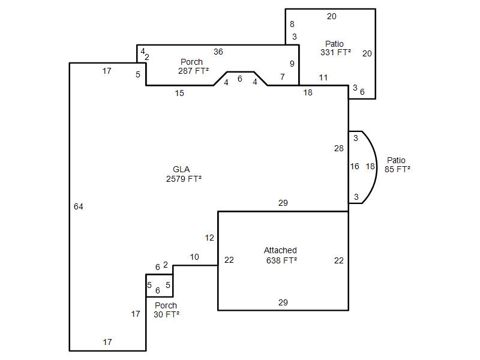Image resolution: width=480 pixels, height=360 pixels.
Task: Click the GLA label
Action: (x=181, y=169)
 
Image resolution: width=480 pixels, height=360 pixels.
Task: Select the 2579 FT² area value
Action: (x=184, y=179)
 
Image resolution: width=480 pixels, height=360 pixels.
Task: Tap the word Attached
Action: (x=280, y=250)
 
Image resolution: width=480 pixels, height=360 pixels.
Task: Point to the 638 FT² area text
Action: (x=281, y=260)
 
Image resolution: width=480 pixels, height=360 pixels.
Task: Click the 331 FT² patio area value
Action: (x=335, y=52)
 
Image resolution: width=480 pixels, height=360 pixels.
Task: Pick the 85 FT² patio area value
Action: (x=397, y=169)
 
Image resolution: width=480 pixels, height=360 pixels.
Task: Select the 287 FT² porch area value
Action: (x=193, y=71)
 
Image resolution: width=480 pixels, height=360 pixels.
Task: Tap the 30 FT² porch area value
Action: (x=166, y=314)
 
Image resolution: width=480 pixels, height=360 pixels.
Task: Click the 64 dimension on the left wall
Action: (x=79, y=206)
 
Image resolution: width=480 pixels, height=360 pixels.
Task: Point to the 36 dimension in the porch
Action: (x=218, y=52)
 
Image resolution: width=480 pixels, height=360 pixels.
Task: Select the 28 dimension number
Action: (x=339, y=148)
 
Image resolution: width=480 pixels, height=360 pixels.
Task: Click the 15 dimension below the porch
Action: (x=179, y=93)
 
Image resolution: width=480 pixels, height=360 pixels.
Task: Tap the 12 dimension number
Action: (x=209, y=238)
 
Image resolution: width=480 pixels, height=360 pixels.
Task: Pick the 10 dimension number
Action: (x=194, y=257)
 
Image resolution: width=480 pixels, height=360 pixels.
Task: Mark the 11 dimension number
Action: (x=323, y=78)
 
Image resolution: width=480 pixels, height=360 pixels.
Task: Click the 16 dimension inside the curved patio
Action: (x=355, y=166)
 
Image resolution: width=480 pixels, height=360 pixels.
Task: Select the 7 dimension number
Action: (x=283, y=77)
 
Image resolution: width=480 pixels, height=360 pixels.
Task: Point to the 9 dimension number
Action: (x=292, y=64)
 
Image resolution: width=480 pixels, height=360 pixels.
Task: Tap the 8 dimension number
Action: (x=292, y=24)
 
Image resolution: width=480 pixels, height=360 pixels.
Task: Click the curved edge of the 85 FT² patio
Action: (x=377, y=167)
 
